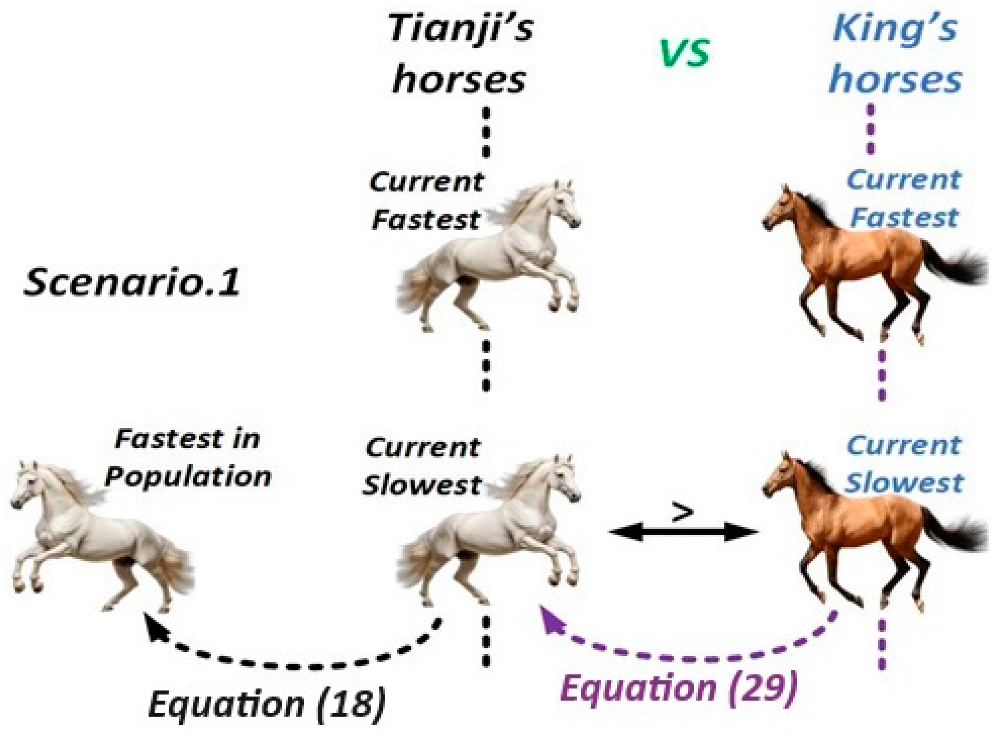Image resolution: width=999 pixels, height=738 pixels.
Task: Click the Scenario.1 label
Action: point(132,283)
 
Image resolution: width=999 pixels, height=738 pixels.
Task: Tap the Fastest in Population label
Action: point(188,458)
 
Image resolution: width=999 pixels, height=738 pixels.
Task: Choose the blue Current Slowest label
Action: point(904,465)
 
